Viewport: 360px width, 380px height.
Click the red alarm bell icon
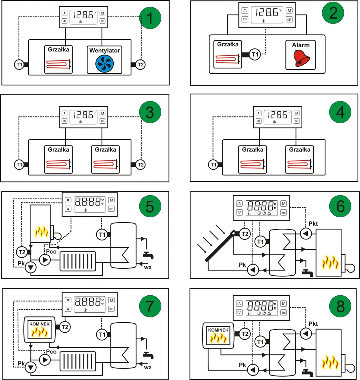300,58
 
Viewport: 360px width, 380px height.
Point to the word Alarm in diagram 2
300,45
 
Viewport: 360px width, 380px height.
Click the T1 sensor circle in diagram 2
255,55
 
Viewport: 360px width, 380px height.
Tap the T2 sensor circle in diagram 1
140,64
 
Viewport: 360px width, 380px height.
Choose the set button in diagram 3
102,121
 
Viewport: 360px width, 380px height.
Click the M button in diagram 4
296,114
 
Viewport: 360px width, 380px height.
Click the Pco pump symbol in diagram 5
44,259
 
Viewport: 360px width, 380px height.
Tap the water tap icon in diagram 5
148,255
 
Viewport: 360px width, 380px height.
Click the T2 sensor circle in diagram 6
244,234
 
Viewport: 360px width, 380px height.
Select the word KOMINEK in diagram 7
39,324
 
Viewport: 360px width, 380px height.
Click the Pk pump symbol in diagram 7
31,367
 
